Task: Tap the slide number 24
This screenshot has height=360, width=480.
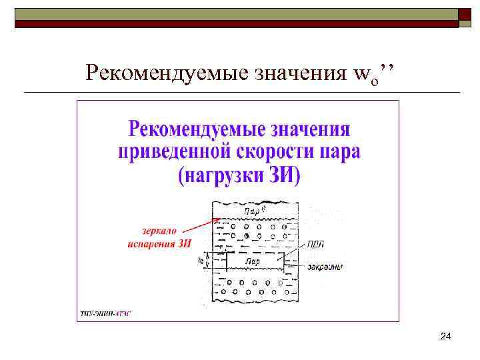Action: tap(446, 339)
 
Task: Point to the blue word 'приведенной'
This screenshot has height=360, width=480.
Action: tap(174, 153)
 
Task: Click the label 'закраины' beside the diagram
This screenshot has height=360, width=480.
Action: tap(325, 267)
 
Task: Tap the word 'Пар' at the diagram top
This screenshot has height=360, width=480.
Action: tap(252, 211)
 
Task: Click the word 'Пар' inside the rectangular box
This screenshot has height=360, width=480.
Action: tap(253, 262)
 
